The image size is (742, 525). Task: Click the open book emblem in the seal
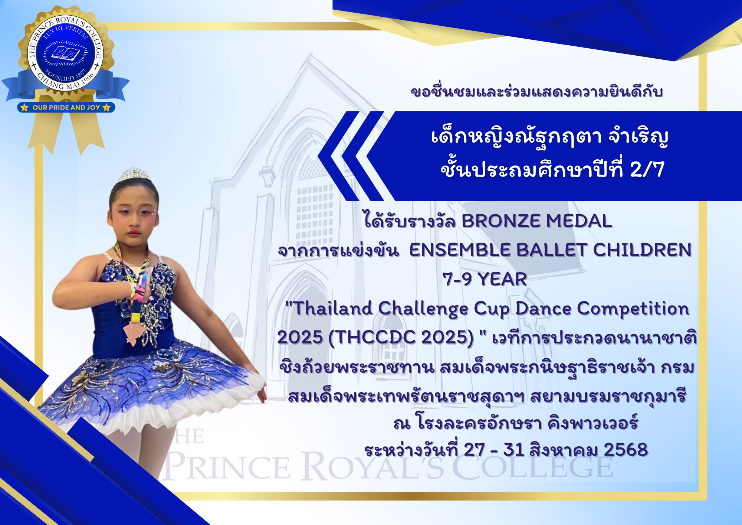[x=66, y=53]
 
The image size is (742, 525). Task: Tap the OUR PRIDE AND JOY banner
[x=66, y=107]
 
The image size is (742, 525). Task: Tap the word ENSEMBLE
[x=460, y=250]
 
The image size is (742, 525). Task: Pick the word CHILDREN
[x=643, y=250]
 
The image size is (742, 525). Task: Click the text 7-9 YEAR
[x=485, y=279]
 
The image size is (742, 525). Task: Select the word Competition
[x=633, y=309]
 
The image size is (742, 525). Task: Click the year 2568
[x=626, y=450]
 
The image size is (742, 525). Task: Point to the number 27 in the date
[x=475, y=450]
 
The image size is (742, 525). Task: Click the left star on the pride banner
[x=24, y=107]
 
